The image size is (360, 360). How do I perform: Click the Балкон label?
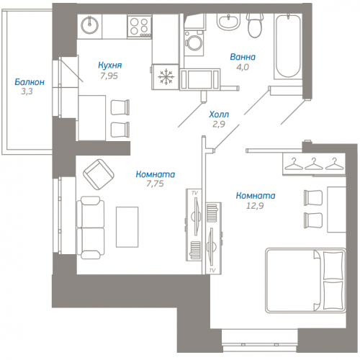pos(30,82)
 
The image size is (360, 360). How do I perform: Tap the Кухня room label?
pos(110,66)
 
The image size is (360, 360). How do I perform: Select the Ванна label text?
pos(243,57)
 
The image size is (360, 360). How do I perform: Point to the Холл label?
pos(219,114)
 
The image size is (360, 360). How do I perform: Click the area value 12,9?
pos(255,206)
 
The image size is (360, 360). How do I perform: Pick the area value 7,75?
pos(155,184)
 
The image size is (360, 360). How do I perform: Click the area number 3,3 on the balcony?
pos(27,91)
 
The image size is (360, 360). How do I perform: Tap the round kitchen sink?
pos(89,24)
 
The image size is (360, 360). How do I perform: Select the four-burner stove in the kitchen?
pos(139,26)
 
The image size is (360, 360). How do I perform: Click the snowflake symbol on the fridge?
pos(166,76)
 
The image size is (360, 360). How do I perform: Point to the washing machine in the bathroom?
pos(194,43)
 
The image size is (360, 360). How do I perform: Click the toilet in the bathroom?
pos(255,25)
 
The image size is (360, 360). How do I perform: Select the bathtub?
pos(288,47)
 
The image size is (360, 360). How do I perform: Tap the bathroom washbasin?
pos(229,22)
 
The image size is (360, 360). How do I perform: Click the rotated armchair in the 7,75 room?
pos(99,174)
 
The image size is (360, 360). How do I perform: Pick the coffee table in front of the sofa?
pos(127,227)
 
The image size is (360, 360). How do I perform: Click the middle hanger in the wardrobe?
pos(313,164)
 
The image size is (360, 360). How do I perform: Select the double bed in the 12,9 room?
pos(305,281)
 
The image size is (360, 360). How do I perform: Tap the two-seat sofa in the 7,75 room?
pos(91,228)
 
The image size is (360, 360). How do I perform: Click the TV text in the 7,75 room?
pos(194,193)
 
